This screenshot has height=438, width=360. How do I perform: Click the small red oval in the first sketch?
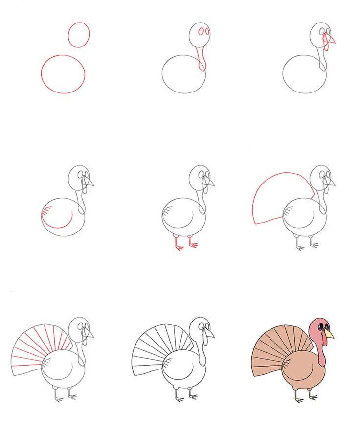pos(79,35)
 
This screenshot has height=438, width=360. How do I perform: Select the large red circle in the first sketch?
pos(63,74)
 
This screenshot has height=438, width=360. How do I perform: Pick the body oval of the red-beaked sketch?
pos(303,74)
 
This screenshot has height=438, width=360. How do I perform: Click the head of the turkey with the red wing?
pos(79,177)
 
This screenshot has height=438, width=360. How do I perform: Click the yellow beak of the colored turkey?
pos(330,334)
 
